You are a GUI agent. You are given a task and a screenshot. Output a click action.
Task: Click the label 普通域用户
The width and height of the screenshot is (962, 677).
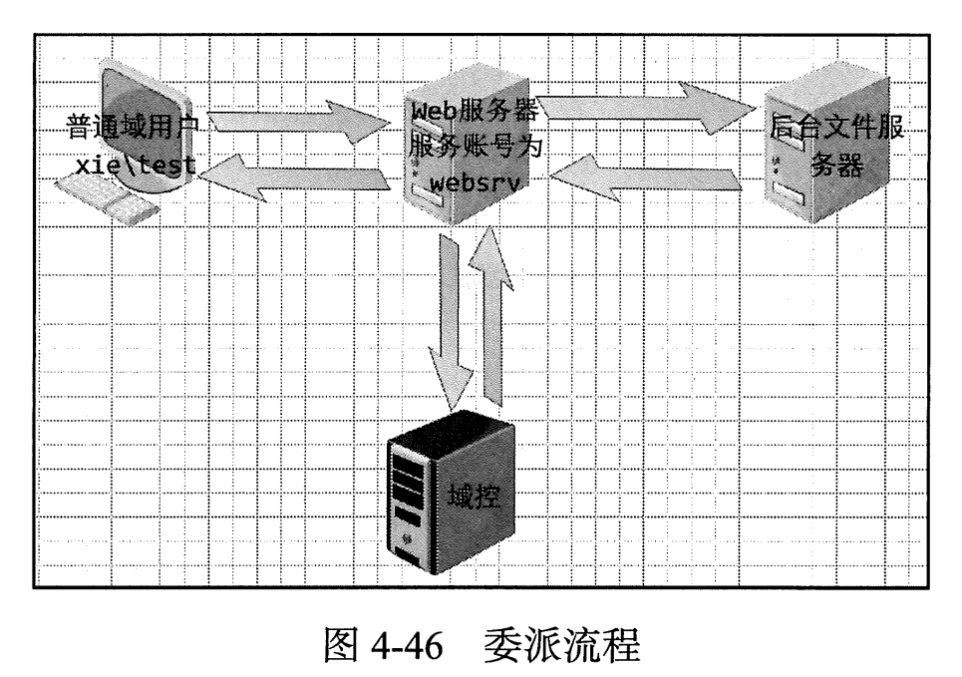point(134,127)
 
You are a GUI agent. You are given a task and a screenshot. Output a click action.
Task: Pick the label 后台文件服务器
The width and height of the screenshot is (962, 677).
point(835,145)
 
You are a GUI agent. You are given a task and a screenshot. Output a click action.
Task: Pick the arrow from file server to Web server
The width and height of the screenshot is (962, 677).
point(648,180)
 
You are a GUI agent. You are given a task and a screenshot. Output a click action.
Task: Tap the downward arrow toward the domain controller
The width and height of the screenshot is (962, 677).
point(454,319)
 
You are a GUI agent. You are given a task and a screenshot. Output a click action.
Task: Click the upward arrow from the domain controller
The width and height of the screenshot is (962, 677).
point(491,319)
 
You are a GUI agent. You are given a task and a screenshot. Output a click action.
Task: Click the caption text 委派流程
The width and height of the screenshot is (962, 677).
point(559,648)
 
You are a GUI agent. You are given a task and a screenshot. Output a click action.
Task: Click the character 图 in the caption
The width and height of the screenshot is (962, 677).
point(345,648)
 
